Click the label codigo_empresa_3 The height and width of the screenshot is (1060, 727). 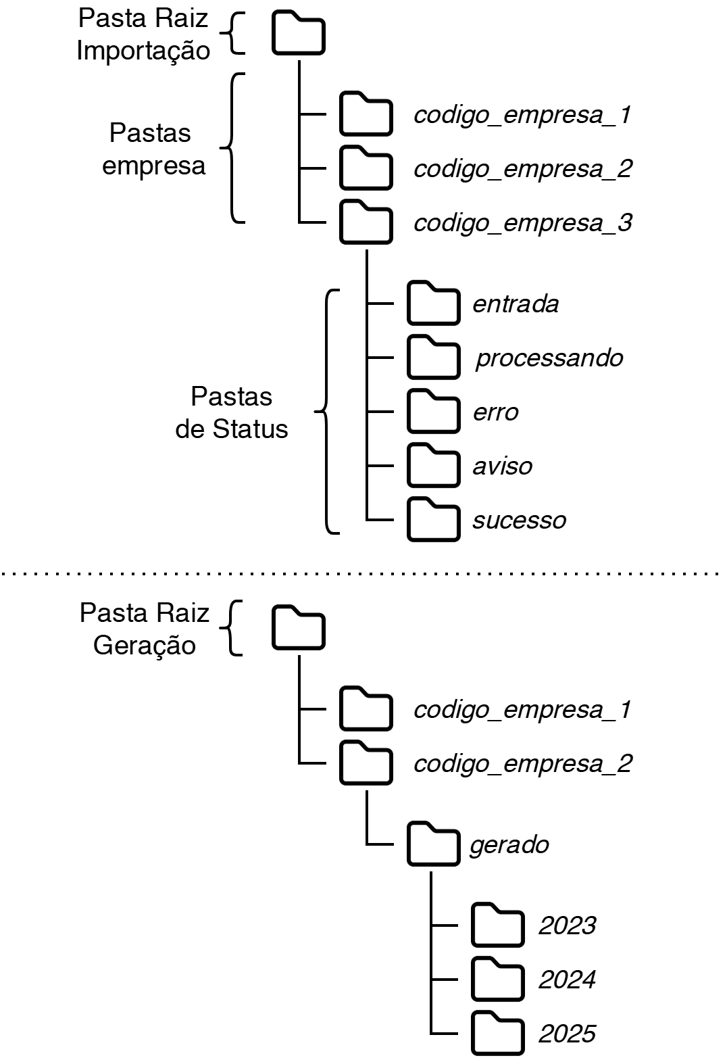click(x=522, y=223)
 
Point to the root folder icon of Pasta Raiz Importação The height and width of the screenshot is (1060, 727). click(x=298, y=33)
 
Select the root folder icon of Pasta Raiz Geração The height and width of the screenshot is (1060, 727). click(x=298, y=628)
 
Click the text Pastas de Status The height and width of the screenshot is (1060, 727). click(x=232, y=412)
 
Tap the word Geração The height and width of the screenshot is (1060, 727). click(x=145, y=646)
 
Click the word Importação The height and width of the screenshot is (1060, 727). click(x=143, y=51)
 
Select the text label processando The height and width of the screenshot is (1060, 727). click(x=549, y=358)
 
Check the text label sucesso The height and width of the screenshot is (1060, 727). click(x=519, y=521)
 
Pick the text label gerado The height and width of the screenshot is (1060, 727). click(x=509, y=845)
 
